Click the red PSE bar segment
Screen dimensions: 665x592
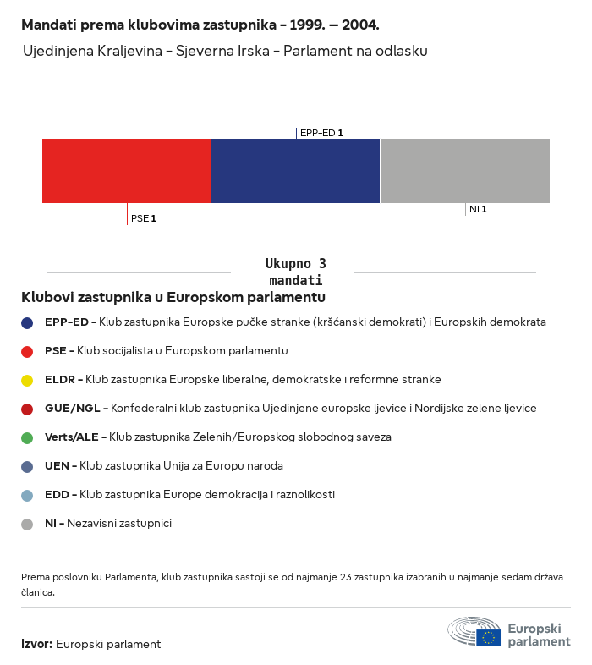pyautogui.click(x=126, y=170)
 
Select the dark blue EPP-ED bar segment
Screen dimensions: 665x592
pyautogui.click(x=295, y=170)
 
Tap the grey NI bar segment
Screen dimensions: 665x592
pyautogui.click(x=464, y=170)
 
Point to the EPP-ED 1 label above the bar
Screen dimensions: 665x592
pyautogui.click(x=321, y=133)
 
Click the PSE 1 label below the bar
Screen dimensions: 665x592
pyautogui.click(x=144, y=218)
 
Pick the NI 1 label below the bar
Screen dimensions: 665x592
pyautogui.click(x=478, y=209)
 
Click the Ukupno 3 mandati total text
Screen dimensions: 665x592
pyautogui.click(x=295, y=272)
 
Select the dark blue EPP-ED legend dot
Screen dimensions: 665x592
pyautogui.click(x=27, y=322)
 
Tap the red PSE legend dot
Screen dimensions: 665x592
pyautogui.click(x=27, y=351)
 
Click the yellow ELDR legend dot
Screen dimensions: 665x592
pyautogui.click(x=27, y=380)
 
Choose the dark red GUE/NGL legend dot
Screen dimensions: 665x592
pyautogui.click(x=27, y=409)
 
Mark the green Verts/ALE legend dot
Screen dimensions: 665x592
pyautogui.click(x=27, y=437)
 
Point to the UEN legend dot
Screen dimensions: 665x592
pyautogui.click(x=27, y=466)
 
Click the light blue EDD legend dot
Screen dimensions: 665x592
pyautogui.click(x=27, y=495)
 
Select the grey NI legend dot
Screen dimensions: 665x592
pyautogui.click(x=27, y=524)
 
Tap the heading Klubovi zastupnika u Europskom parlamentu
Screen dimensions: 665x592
pyautogui.click(x=173, y=297)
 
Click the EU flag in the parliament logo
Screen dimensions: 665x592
pyautogui.click(x=488, y=637)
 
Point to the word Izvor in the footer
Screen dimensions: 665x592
pyautogui.click(x=36, y=644)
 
